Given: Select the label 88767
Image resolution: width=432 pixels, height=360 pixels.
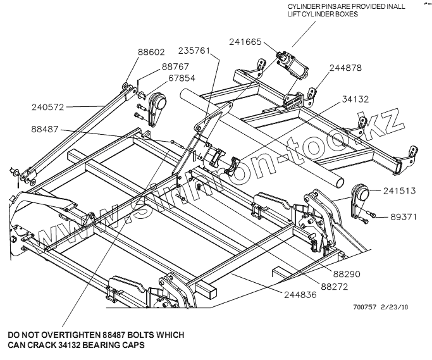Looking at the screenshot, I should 176,66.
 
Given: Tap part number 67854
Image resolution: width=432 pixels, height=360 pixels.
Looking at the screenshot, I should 182,78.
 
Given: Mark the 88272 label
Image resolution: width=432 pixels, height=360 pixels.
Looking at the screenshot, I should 335,286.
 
